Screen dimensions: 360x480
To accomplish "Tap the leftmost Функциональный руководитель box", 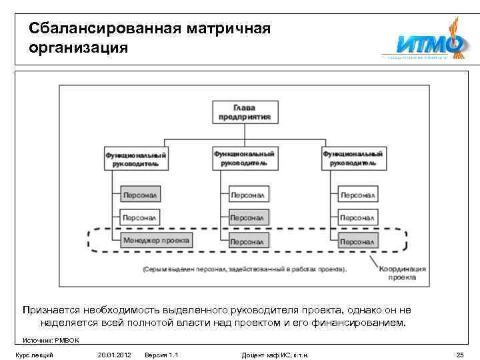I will tap(136, 158).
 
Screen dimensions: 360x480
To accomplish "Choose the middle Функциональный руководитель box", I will tap(245, 158).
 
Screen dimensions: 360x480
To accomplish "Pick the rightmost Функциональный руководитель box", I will tap(353, 158).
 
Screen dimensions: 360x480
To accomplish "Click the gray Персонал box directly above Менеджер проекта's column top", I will tap(141, 195).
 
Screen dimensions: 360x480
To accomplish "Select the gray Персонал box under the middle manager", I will tap(249, 217).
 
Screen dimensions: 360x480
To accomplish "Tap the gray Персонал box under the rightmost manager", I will tap(358, 240).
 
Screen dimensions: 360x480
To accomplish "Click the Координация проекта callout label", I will tap(403, 273).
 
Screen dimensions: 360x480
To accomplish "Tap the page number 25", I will tap(459, 354).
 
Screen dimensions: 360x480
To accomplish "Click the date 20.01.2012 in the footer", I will tap(113, 354).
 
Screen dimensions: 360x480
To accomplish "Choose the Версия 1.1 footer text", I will tap(162, 354).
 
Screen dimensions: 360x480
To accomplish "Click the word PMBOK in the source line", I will tap(69, 340).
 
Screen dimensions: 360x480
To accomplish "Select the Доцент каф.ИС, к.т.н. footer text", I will tap(275, 354).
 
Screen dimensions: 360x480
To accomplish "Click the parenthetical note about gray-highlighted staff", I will tap(245, 270).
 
